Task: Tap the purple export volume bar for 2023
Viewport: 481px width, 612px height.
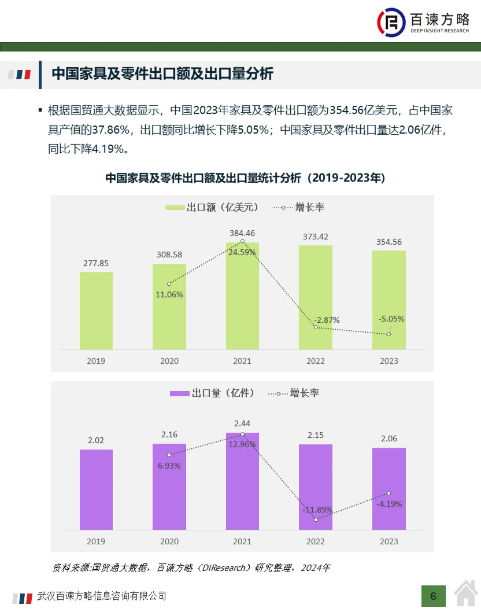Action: click(x=388, y=489)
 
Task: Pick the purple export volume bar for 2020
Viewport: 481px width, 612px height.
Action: click(x=169, y=486)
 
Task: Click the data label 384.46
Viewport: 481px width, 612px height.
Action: click(x=242, y=233)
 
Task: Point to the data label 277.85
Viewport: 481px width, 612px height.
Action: click(x=96, y=263)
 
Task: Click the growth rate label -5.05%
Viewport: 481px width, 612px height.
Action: click(x=391, y=319)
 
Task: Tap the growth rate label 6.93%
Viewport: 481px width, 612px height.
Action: click(x=169, y=466)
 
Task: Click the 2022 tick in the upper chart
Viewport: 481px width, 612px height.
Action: click(x=316, y=361)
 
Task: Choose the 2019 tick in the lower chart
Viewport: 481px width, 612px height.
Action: click(x=96, y=541)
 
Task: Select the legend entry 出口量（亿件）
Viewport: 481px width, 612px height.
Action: click(x=212, y=393)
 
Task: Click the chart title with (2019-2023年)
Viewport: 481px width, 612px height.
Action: click(x=245, y=178)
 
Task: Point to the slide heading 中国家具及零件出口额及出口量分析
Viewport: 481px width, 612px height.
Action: click(x=162, y=74)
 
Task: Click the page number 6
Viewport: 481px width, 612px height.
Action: click(x=433, y=596)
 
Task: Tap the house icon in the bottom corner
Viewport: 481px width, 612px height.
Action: click(x=466, y=594)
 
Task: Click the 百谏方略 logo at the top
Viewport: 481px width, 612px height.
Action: click(x=424, y=23)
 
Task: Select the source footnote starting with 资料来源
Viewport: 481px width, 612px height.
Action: click(x=191, y=567)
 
